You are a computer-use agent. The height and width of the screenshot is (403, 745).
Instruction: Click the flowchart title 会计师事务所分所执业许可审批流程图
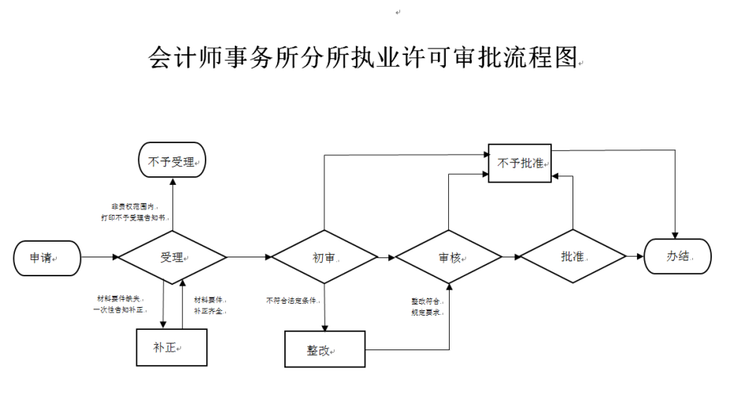coord(363,57)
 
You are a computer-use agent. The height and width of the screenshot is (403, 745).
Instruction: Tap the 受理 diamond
coord(172,257)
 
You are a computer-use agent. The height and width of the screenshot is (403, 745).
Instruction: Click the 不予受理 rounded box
coord(172,161)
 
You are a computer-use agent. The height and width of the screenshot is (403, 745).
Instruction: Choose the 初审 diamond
coord(324,257)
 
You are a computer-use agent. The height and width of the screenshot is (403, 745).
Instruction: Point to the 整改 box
coord(324,349)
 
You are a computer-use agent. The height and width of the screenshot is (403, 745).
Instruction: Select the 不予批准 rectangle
coord(520,163)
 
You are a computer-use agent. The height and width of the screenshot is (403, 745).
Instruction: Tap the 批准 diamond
coord(573,257)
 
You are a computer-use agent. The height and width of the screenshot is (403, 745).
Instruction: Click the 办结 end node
coord(677,257)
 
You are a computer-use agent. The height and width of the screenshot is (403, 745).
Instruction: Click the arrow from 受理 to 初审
coord(249,257)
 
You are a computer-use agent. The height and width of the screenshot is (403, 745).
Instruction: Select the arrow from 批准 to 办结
coord(635,257)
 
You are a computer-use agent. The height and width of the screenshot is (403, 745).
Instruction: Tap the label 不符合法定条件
coord(293,300)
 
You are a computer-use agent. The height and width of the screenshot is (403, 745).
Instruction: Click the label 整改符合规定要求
coord(427,306)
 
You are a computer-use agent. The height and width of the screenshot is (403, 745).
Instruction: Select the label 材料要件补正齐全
coord(209,305)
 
